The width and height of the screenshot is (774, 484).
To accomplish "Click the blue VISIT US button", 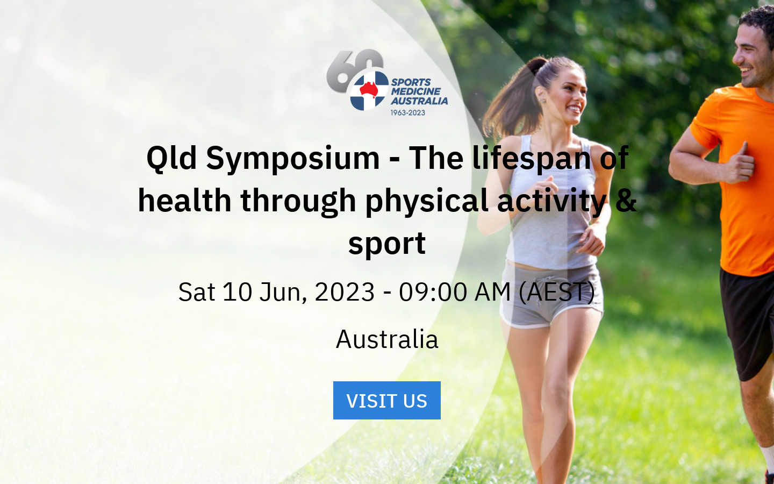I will tap(386, 401).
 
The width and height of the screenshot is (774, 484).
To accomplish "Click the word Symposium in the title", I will tap(293, 158).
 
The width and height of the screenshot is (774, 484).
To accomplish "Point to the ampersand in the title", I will tap(626, 200).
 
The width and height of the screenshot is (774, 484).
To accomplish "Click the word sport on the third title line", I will tap(386, 243).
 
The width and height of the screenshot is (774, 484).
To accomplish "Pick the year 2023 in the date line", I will tap(345, 292).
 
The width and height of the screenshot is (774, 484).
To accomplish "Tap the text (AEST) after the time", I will tap(556, 292).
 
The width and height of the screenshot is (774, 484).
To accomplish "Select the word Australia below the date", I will tap(387, 339).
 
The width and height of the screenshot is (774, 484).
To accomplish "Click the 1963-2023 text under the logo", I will tap(407, 113).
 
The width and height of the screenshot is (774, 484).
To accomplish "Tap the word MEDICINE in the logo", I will tap(415, 91).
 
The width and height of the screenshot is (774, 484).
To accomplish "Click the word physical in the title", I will tap(426, 200).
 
